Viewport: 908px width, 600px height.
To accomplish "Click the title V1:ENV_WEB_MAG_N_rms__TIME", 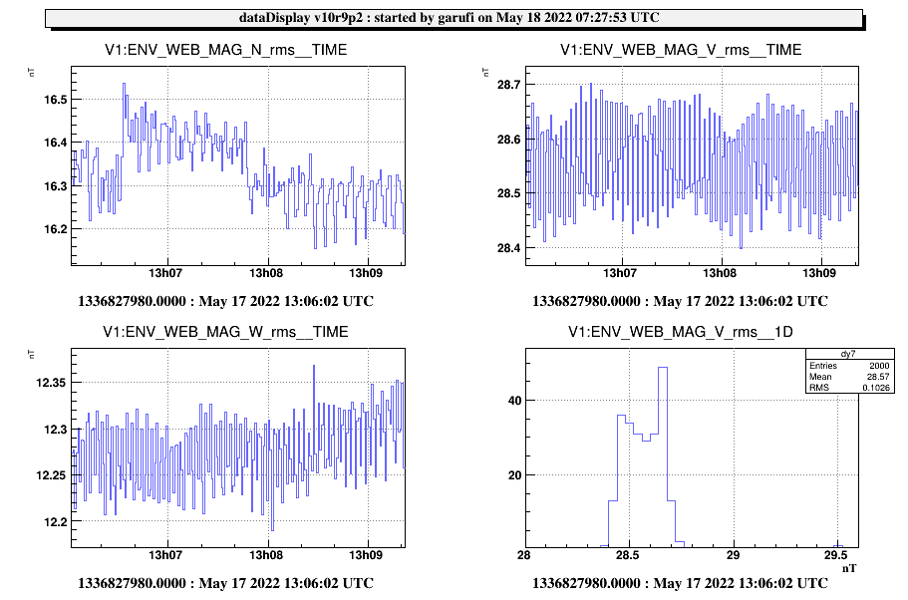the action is [x=226, y=50].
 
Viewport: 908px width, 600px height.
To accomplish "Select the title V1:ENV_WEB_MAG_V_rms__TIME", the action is [x=681, y=50].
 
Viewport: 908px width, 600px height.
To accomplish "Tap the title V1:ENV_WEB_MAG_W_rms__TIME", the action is [x=226, y=332].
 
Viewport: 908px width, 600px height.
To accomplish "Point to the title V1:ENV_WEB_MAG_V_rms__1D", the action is [x=681, y=332].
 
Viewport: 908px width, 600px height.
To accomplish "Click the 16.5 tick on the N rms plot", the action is [x=56, y=100].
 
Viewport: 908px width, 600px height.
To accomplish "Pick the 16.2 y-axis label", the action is [x=56, y=229].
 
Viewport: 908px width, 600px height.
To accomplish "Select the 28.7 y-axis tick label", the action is [x=509, y=85].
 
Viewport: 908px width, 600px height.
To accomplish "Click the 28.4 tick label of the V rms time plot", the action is [x=509, y=248].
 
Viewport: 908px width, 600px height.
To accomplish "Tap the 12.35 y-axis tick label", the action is [x=52, y=383].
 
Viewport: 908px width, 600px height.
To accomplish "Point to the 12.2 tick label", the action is [x=56, y=522].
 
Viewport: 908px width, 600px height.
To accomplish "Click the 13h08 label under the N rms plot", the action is [x=266, y=273].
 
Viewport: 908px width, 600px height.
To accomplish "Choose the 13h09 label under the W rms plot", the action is [x=366, y=555].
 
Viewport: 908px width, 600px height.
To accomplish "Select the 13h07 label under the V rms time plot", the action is [x=620, y=273].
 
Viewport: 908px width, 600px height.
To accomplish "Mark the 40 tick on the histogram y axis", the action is [x=515, y=401].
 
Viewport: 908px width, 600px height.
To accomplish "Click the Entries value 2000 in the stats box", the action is [x=879, y=366].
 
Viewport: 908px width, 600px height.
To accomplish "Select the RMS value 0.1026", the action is [x=876, y=388].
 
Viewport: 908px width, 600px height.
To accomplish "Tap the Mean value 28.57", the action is [x=878, y=377].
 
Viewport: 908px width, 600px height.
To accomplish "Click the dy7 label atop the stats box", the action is [x=849, y=355].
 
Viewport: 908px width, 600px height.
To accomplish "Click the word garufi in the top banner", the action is [x=456, y=18].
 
